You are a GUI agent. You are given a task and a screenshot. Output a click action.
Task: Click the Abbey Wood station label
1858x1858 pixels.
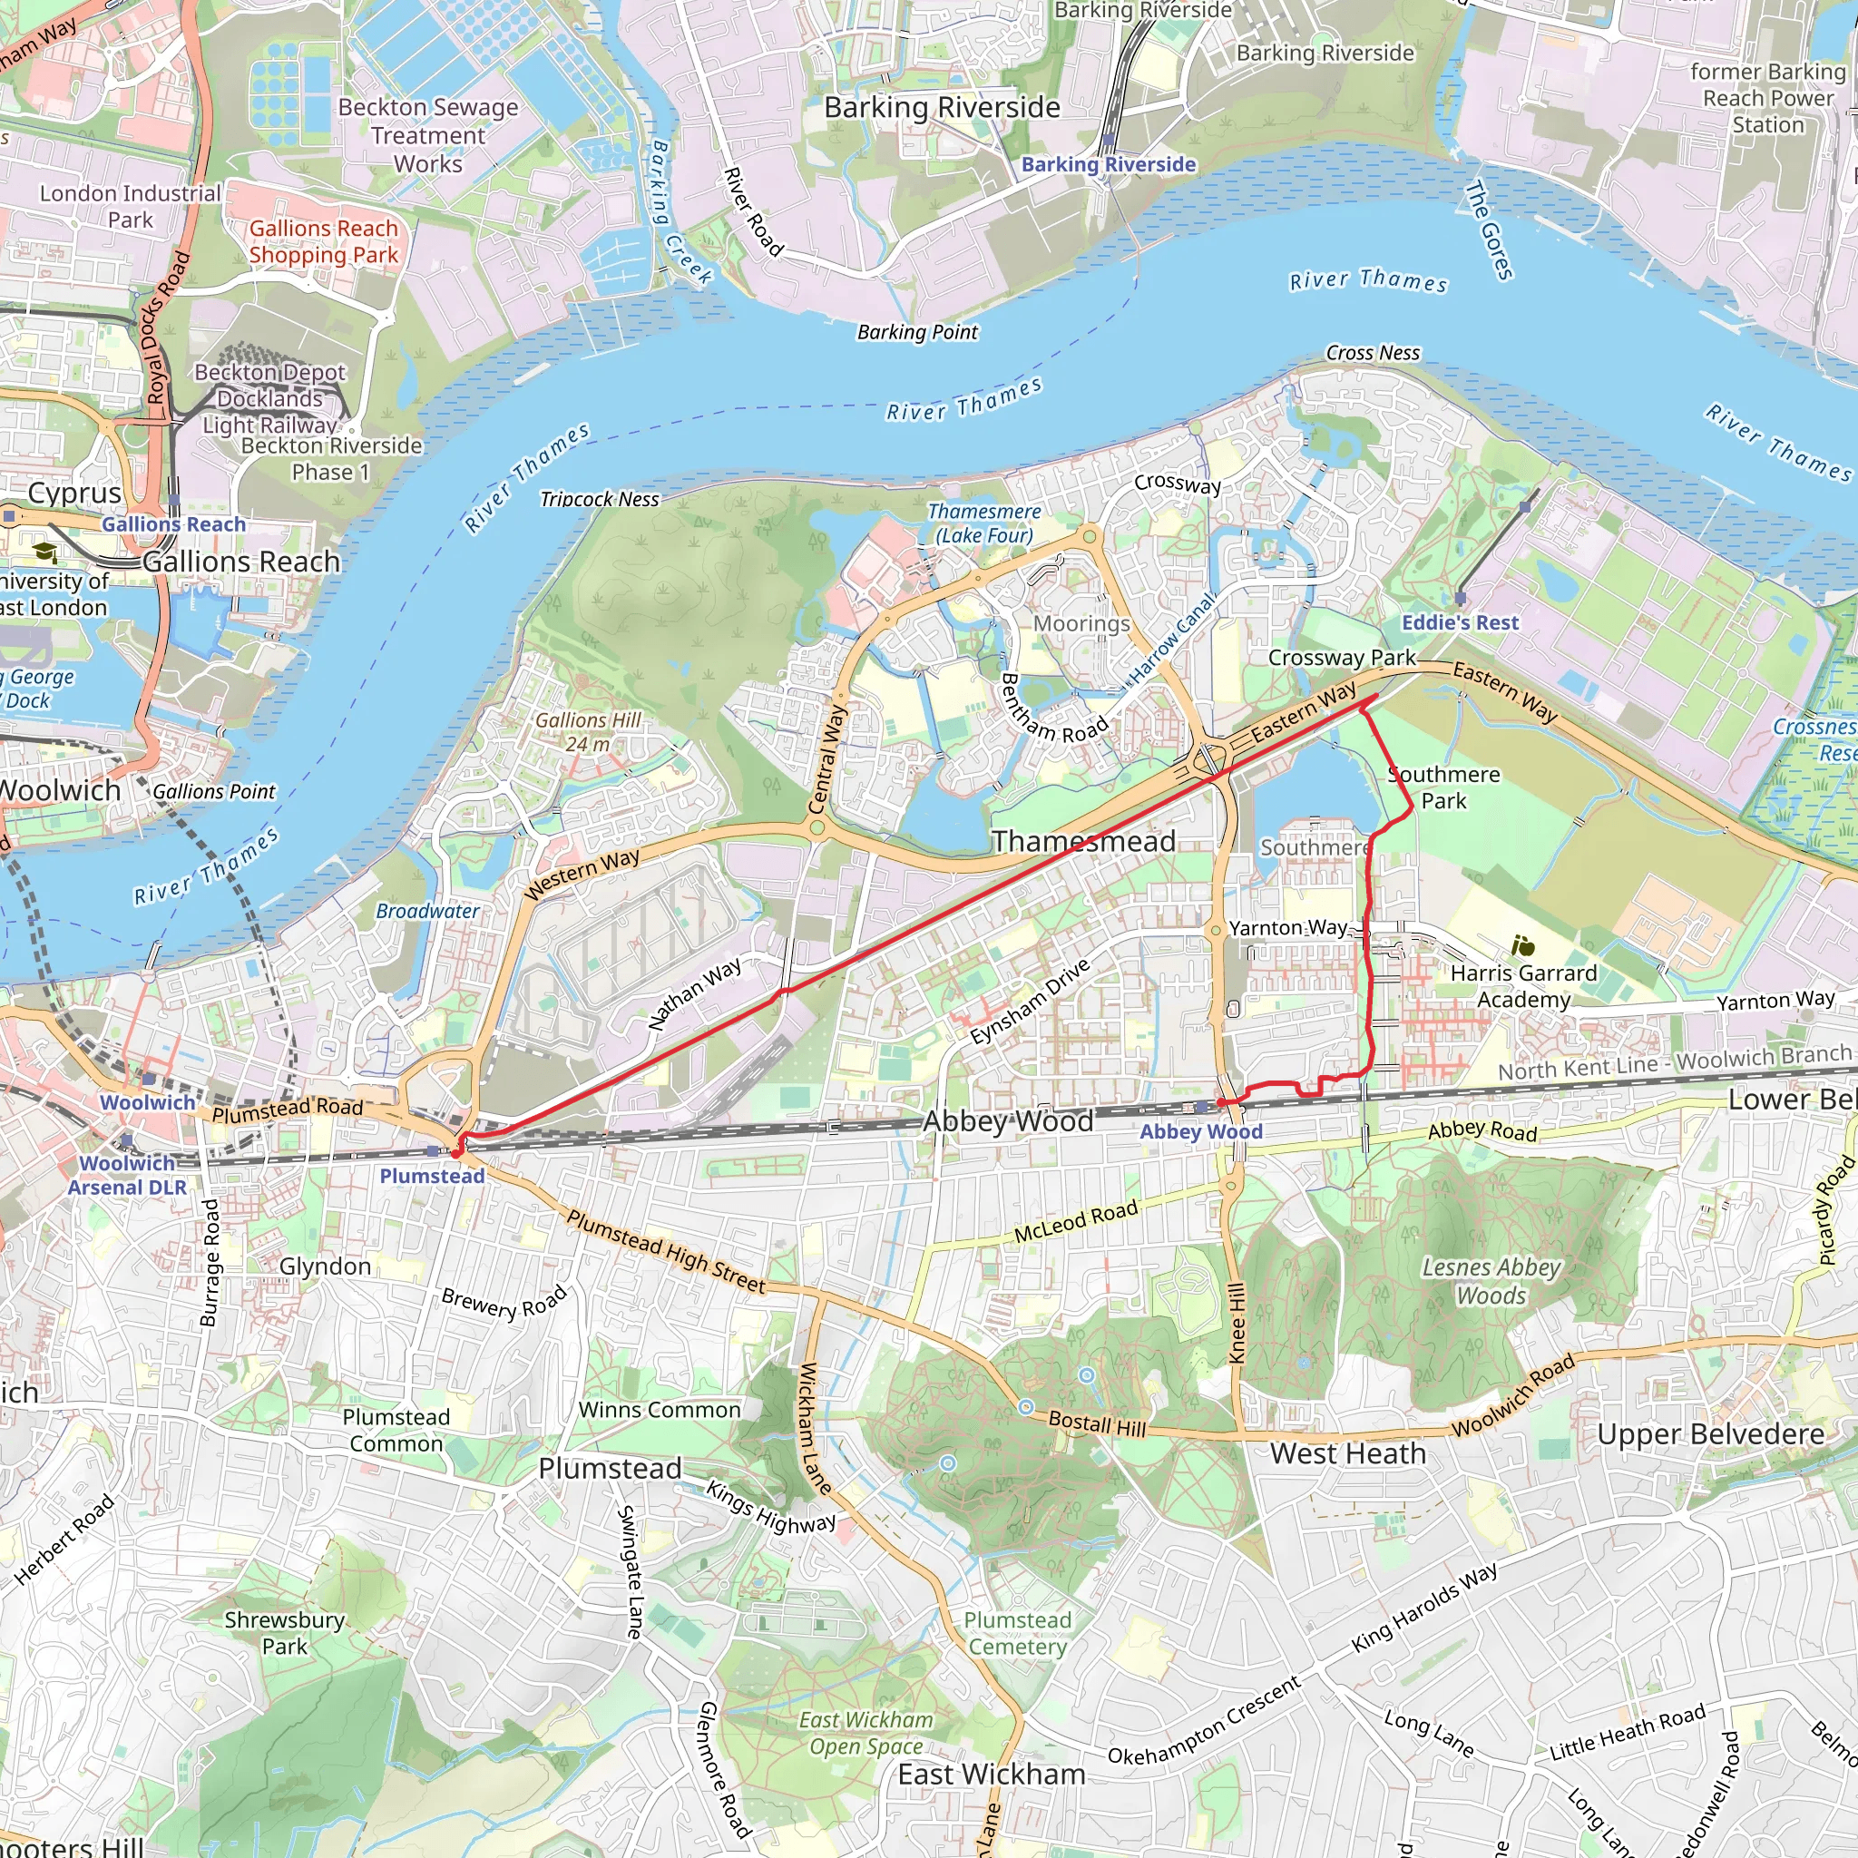point(1200,1132)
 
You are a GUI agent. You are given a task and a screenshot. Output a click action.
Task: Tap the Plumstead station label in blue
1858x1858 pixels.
point(432,1175)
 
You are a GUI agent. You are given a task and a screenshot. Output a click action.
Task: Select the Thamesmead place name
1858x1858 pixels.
point(1084,842)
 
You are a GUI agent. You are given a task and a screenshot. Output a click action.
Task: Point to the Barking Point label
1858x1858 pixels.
point(916,333)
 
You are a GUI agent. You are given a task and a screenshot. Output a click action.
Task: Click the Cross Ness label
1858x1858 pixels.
point(1373,353)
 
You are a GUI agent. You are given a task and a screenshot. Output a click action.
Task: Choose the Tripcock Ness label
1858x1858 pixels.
point(599,499)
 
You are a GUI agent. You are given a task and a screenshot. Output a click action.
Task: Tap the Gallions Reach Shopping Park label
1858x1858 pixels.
point(323,241)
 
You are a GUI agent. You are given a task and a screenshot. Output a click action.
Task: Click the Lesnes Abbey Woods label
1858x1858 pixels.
point(1491,1281)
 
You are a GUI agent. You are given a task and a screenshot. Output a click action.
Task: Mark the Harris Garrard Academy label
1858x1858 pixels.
point(1523,986)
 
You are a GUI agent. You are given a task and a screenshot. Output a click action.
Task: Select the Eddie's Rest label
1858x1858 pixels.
point(1460,622)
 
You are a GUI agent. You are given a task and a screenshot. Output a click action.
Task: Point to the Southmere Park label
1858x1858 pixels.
point(1443,787)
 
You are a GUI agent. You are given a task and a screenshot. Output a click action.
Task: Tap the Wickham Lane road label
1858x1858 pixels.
point(814,1427)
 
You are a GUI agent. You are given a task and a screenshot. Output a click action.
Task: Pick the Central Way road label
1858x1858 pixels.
point(828,758)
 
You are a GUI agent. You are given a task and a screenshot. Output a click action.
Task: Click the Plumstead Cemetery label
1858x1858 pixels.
point(1018,1633)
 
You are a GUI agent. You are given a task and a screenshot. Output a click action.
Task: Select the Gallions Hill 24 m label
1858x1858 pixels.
point(588,732)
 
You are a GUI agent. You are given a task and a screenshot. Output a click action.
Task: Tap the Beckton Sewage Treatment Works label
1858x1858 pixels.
point(428,135)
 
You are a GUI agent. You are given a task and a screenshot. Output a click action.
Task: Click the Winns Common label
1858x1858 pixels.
point(660,1410)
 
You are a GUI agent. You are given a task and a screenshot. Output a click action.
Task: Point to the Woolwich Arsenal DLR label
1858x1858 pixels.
point(127,1175)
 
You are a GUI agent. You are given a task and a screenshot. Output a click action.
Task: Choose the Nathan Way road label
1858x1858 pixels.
point(694,993)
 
